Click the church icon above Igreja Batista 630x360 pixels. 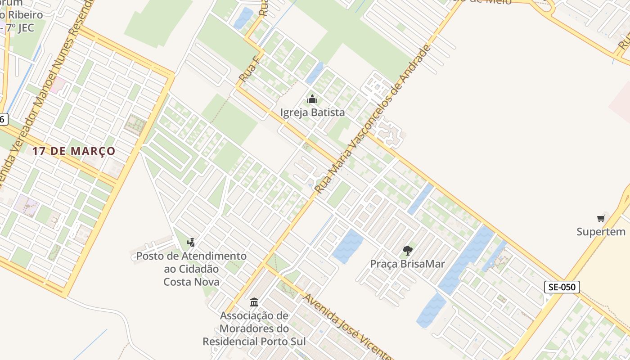click(x=312, y=99)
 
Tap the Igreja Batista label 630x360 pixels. click(x=312, y=112)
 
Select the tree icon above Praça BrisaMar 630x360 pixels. click(x=408, y=251)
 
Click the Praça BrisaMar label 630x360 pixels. click(x=407, y=264)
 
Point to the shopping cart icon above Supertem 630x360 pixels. click(x=601, y=219)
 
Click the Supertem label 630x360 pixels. click(x=601, y=232)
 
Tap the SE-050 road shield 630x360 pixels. click(x=562, y=287)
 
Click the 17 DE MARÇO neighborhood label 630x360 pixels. click(x=74, y=151)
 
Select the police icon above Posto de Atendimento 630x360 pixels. click(x=191, y=243)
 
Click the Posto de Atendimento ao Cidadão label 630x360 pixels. click(x=191, y=269)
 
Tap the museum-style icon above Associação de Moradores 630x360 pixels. click(x=254, y=302)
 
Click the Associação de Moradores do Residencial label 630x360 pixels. click(x=254, y=328)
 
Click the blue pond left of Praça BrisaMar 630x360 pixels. click(x=348, y=246)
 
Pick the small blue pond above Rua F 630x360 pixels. click(x=243, y=18)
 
